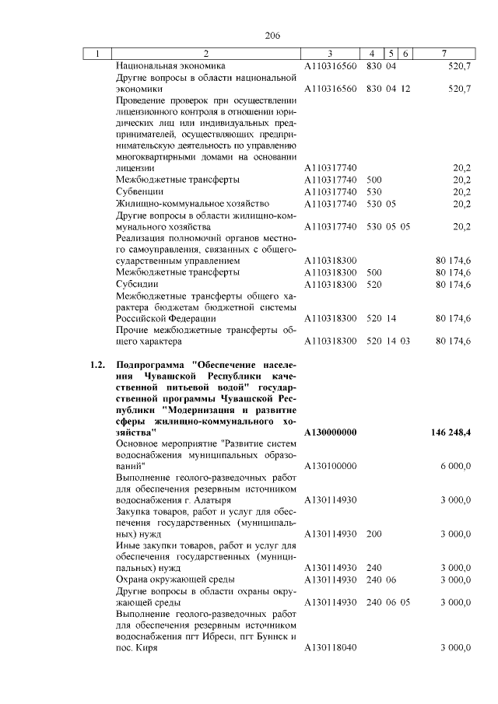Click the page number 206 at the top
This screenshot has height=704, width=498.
point(272,36)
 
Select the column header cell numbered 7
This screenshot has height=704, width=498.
point(442,54)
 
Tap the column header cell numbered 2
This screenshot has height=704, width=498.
point(205,54)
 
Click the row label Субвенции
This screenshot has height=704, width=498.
point(139,191)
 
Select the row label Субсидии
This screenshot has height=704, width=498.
point(137,284)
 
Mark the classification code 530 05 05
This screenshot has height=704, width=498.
point(388,226)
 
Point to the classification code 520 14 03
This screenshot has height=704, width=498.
point(388,341)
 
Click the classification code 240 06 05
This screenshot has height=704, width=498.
point(388,602)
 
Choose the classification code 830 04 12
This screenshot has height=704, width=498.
point(388,89)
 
